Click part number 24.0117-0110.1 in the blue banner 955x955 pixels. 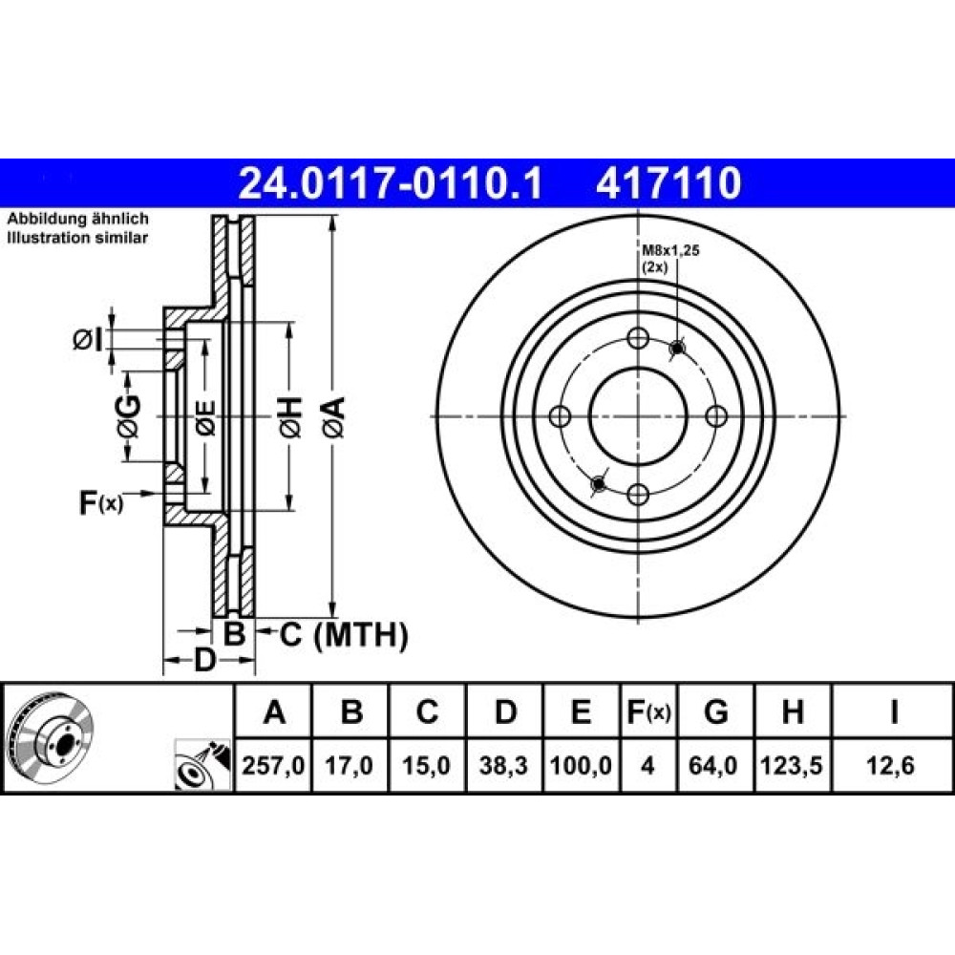click(x=390, y=182)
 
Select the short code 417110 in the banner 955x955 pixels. click(x=668, y=182)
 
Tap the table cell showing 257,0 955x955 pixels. click(x=273, y=766)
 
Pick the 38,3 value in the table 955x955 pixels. click(x=503, y=766)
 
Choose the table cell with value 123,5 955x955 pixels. click(x=792, y=766)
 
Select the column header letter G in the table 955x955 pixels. click(x=715, y=711)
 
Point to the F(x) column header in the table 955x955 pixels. click(x=648, y=711)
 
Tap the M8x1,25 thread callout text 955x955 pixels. click(x=670, y=249)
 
